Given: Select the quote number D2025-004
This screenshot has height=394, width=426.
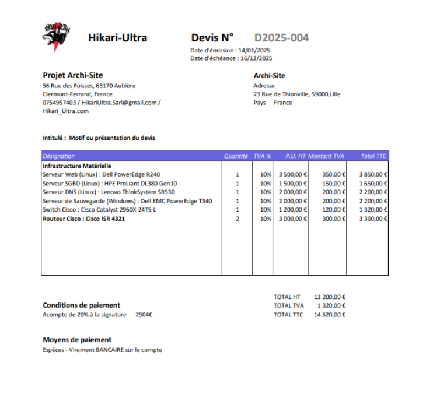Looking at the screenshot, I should tap(281, 38).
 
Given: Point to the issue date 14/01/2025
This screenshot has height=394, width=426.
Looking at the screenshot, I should tap(254, 51).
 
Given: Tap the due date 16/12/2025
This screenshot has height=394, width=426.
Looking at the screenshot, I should tap(256, 58).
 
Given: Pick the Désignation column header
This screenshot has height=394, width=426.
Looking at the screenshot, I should tap(59, 156).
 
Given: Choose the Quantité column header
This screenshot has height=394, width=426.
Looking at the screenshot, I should tap(236, 156).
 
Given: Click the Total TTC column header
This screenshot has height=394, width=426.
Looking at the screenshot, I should tap(373, 156).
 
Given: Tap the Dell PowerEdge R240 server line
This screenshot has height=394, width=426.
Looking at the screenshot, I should tap(101, 174).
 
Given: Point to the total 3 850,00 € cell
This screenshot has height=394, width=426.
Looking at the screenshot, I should tap(373, 174).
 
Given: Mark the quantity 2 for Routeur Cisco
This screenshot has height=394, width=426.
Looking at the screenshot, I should tap(237, 219).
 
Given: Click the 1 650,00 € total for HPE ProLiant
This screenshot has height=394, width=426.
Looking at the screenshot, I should tap(373, 183).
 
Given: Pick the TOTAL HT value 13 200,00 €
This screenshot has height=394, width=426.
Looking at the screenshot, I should tap(330, 297).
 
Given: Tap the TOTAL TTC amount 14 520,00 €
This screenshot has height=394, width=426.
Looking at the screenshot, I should tap(330, 315).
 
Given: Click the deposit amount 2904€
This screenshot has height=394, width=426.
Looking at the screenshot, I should tap(144, 315).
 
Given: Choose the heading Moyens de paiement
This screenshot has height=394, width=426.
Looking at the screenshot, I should tap(77, 339).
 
